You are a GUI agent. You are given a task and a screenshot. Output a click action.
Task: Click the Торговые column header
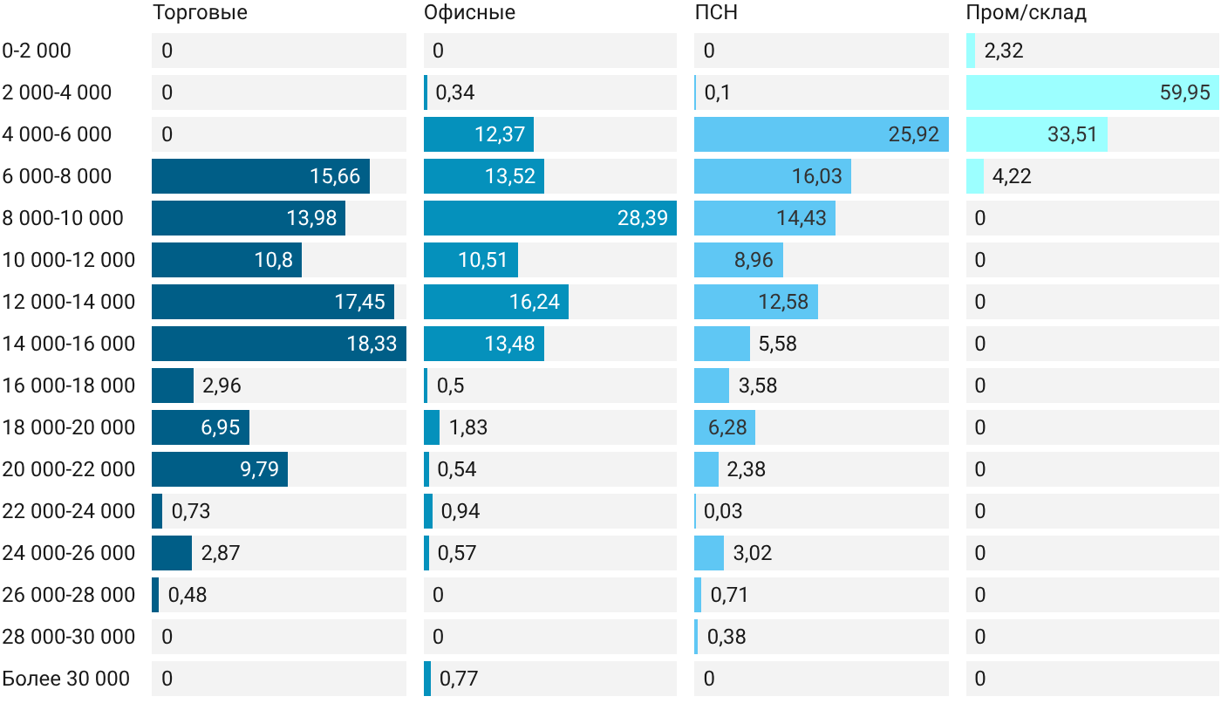click(x=200, y=12)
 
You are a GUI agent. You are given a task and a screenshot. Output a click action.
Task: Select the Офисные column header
click(x=469, y=12)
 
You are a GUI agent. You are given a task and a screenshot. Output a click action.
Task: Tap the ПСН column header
click(x=716, y=12)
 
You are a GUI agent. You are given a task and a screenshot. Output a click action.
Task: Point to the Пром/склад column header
click(x=1026, y=12)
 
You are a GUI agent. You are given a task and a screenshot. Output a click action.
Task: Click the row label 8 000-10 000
click(x=63, y=218)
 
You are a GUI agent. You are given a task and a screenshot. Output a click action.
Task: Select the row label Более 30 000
click(x=66, y=679)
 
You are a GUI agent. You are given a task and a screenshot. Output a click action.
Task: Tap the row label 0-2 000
click(x=37, y=51)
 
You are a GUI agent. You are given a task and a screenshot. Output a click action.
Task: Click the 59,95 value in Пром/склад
click(x=1184, y=92)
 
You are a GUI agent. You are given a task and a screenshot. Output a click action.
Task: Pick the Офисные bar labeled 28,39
click(x=550, y=218)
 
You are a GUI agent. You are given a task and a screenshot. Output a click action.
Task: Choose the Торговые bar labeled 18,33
click(x=279, y=344)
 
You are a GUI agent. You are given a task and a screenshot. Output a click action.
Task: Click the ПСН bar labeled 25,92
click(x=821, y=134)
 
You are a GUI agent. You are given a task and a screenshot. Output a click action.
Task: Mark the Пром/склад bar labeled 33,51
click(x=1037, y=134)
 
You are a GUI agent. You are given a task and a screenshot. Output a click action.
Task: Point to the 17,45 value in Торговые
click(x=359, y=302)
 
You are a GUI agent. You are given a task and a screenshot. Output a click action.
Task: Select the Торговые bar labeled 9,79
click(x=220, y=469)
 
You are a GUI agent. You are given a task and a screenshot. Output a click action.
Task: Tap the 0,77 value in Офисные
click(x=459, y=679)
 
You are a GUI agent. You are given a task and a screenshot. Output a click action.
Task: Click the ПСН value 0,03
click(x=723, y=511)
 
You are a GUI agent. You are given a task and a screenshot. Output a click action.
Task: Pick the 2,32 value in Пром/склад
click(x=1004, y=51)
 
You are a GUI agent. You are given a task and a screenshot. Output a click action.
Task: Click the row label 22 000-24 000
click(x=69, y=511)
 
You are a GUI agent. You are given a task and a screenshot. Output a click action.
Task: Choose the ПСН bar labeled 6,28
click(x=725, y=427)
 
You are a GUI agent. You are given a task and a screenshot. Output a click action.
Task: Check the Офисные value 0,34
click(x=454, y=92)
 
